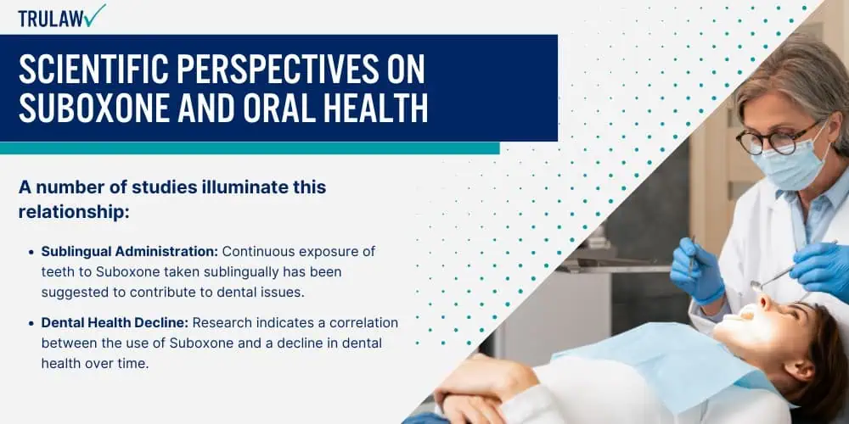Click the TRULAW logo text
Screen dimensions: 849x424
pyautogui.click(x=51, y=19)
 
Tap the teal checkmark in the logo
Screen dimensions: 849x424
pyautogui.click(x=95, y=15)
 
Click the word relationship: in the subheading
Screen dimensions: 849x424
pyautogui.click(x=74, y=212)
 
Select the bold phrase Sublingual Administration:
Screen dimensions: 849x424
pyautogui.click(x=129, y=252)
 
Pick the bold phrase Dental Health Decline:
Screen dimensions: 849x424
pyautogui.click(x=115, y=323)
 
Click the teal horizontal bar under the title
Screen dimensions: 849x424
pyautogui.click(x=250, y=148)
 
